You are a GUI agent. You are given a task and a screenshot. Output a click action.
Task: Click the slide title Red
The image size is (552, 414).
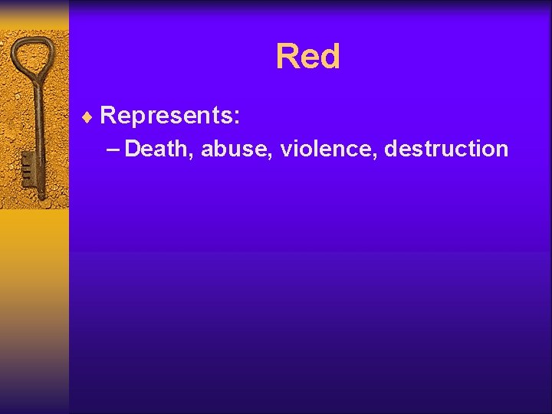pos(307,57)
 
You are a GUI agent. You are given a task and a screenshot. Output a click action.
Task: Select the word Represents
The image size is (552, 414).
pos(169,116)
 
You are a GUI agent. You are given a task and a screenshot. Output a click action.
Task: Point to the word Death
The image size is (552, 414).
pos(159,148)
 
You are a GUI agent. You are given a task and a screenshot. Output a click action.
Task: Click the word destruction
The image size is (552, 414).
pos(446,148)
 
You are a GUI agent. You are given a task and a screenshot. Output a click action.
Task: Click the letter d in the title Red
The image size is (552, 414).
pos(329,57)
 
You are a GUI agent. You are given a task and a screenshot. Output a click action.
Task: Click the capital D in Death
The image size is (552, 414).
pos(133,148)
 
